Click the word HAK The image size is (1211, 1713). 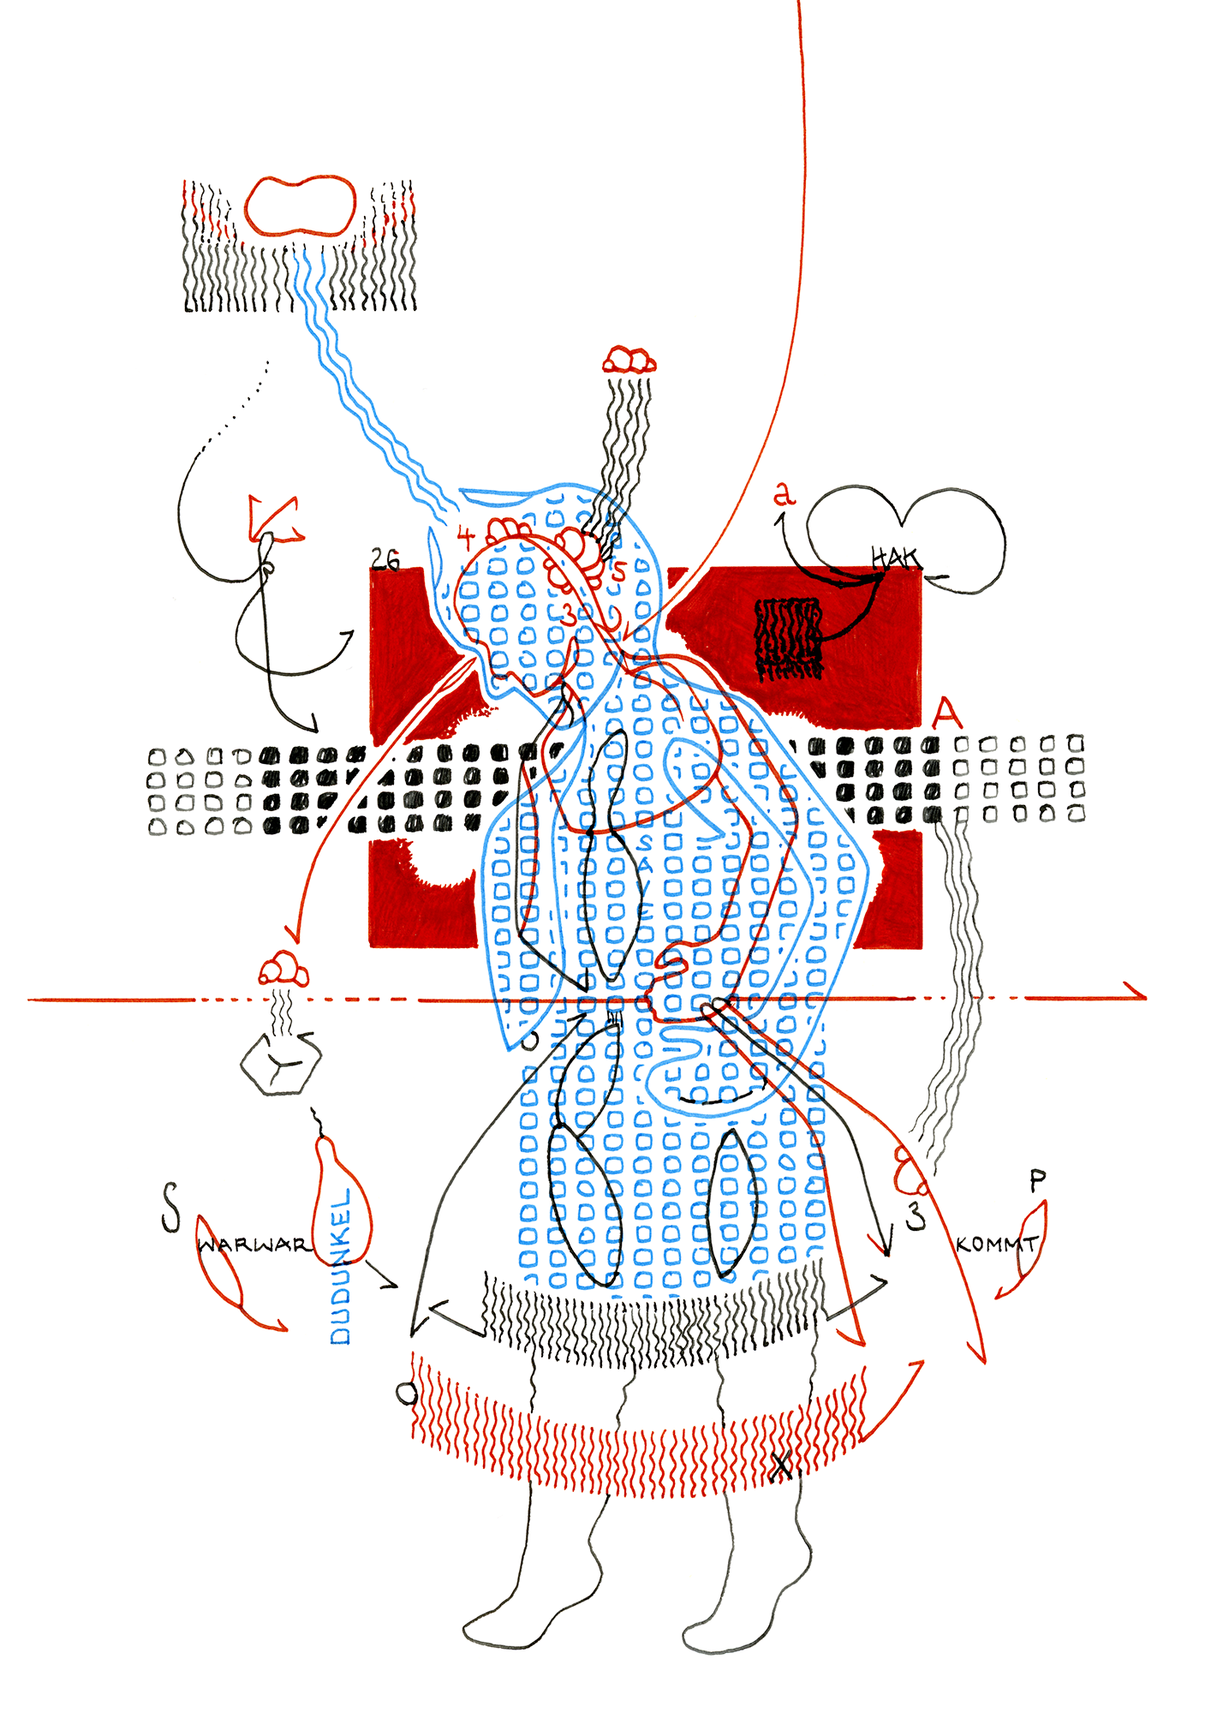coord(894,558)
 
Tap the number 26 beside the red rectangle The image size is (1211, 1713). coord(385,559)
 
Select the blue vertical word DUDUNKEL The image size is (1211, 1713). coord(341,1266)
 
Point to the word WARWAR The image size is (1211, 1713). coord(253,1244)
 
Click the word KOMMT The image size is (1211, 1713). coord(997,1244)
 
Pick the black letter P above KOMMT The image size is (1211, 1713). coord(1037,1182)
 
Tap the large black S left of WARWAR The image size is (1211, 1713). coord(171,1208)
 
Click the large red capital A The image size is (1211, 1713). coord(946,713)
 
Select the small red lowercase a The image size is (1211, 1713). coord(784,494)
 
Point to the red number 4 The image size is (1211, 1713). coord(465,538)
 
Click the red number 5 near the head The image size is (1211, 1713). coord(619,570)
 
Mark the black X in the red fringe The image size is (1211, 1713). coord(781,1466)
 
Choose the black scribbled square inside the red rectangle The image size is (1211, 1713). coord(788,638)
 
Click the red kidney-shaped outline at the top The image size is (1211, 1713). coord(300,206)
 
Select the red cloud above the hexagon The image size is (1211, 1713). coord(283,970)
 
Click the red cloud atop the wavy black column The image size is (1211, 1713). coord(629,360)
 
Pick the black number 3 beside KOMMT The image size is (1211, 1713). coord(916,1216)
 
